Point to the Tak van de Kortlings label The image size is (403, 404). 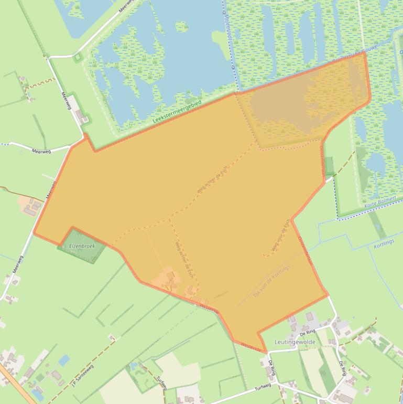click(x=271, y=279)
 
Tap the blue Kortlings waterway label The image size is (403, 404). click(x=383, y=245)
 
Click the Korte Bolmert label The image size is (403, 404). click(x=378, y=203)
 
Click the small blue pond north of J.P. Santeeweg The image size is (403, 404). click(x=64, y=360)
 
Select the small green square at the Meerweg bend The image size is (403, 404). click(x=78, y=57)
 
